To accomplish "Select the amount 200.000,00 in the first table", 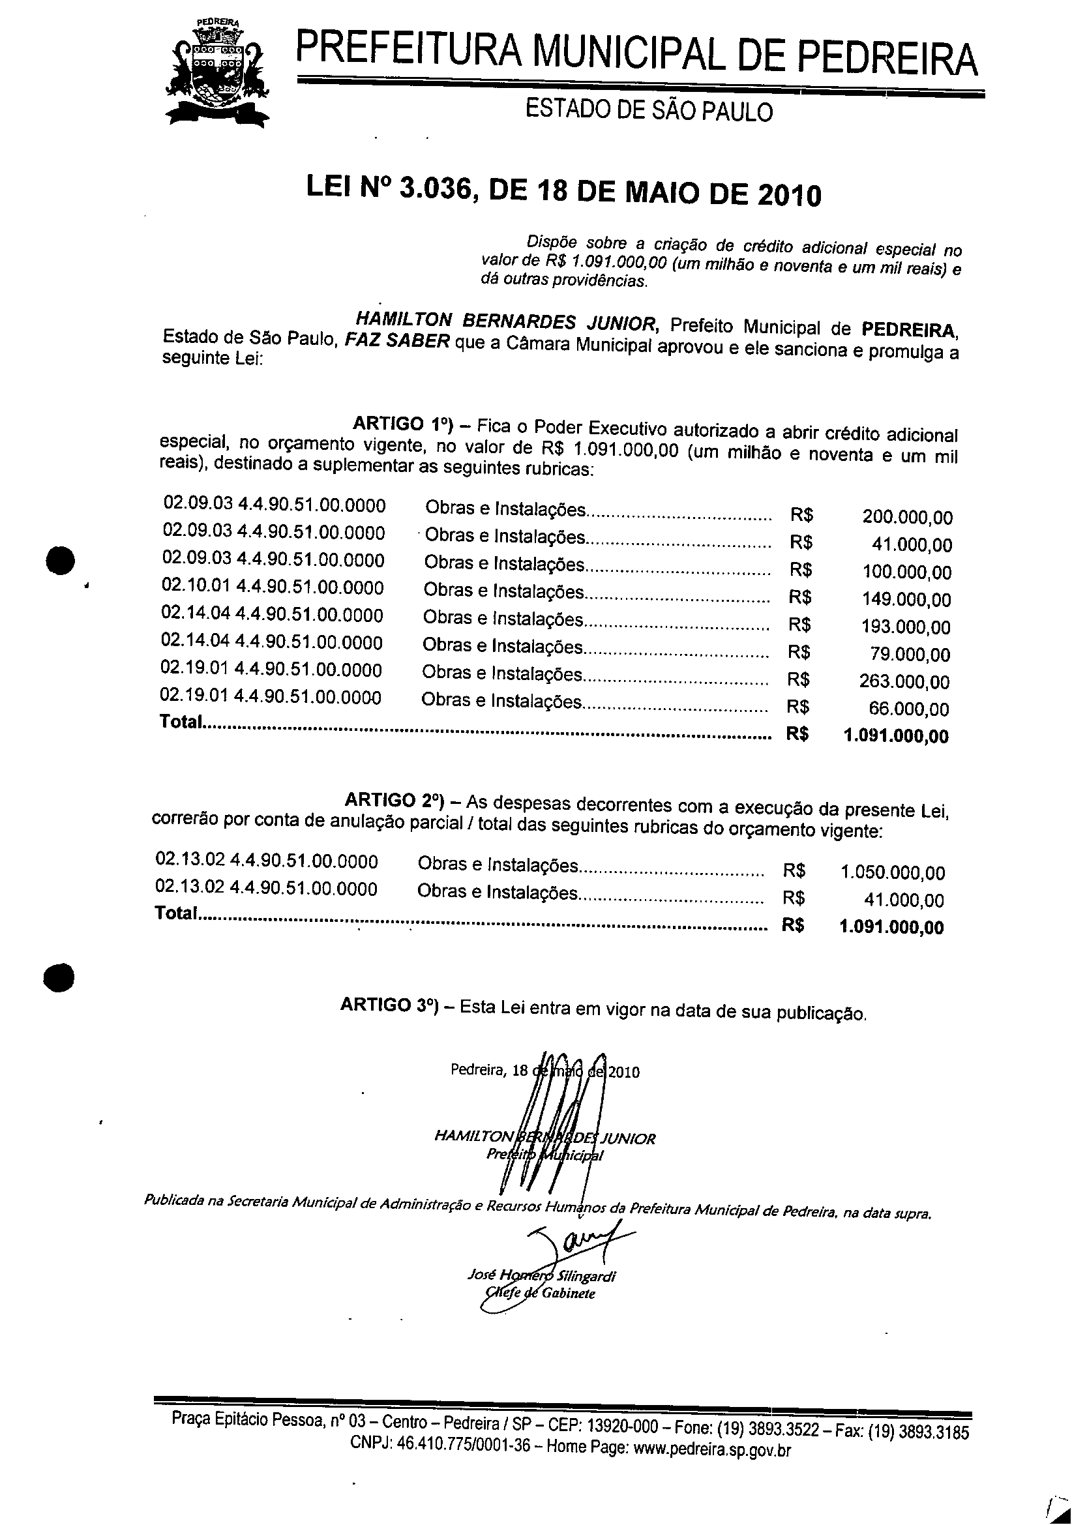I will pos(906,517).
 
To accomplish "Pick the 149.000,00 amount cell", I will pos(906,600).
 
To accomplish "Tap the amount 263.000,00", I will pos(906,682).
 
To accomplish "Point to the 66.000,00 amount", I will pos(908,709).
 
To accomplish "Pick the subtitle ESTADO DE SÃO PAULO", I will pos(649,110).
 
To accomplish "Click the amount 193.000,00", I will pos(906,627).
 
